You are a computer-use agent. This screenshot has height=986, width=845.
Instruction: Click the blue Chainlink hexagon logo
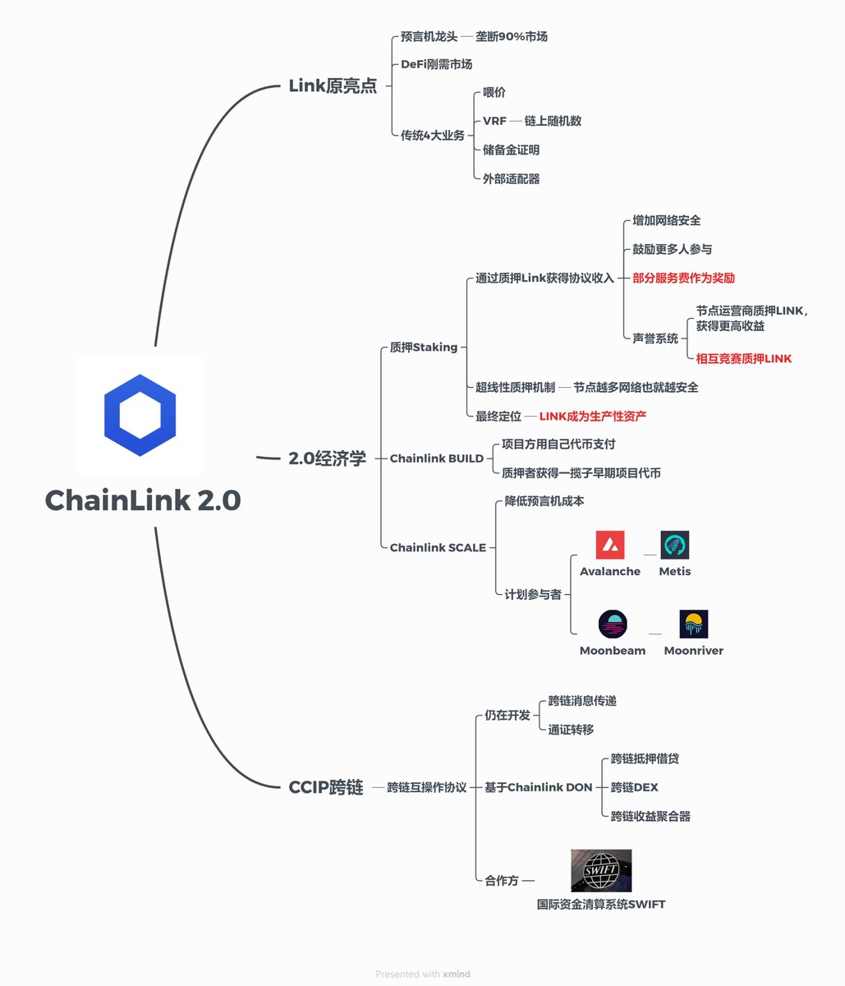click(x=140, y=416)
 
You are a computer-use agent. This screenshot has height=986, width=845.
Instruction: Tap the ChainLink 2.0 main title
click(x=142, y=500)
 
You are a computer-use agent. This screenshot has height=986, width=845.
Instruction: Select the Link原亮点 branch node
click(x=333, y=86)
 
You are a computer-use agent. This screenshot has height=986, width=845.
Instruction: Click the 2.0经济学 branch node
click(x=327, y=458)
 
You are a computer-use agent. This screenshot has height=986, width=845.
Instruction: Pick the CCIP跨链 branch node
click(x=325, y=787)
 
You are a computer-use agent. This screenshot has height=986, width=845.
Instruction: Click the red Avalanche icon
click(x=609, y=545)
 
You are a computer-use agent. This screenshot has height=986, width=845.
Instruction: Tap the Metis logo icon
click(x=674, y=545)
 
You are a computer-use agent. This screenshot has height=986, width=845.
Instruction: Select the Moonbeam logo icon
click(x=613, y=624)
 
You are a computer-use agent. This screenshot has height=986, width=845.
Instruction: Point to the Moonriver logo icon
click(x=693, y=624)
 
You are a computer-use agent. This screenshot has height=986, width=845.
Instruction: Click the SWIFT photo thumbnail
click(x=601, y=871)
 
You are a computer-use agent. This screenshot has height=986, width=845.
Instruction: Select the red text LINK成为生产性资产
click(x=592, y=417)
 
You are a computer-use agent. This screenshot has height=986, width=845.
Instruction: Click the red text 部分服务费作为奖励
click(x=683, y=278)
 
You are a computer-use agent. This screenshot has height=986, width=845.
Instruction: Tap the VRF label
click(x=494, y=121)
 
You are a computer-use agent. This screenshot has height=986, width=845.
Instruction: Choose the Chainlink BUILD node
click(x=436, y=458)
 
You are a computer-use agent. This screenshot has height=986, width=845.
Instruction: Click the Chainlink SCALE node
click(x=438, y=547)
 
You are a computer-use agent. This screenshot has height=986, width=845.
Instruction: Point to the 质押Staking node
click(x=423, y=348)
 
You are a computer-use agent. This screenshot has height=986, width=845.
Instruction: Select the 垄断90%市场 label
click(x=511, y=37)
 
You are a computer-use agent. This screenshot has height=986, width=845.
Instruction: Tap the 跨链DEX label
click(x=634, y=787)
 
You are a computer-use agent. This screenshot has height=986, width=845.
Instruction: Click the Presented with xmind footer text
click(x=423, y=974)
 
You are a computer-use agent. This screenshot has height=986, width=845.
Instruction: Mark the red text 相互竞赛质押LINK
click(x=744, y=358)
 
